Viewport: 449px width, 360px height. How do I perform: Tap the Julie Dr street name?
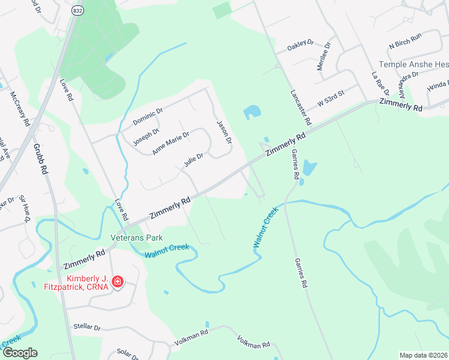pyautogui.click(x=193, y=159)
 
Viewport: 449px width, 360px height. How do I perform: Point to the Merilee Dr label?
pyautogui.click(x=324, y=56)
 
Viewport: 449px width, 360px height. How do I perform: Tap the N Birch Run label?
pyautogui.click(x=405, y=44)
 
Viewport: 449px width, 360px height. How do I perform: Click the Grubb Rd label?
pyautogui.click(x=40, y=158)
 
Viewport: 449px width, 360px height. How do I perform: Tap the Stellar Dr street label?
pyautogui.click(x=86, y=327)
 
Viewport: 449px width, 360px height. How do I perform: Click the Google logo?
pyautogui.click(x=19, y=353)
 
